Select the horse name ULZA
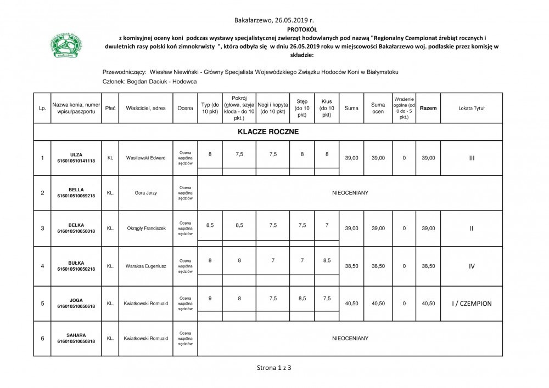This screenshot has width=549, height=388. (x=76, y=155)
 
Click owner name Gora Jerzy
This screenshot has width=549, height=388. (x=145, y=193)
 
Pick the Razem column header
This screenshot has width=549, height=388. (x=428, y=109)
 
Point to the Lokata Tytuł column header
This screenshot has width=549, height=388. (x=472, y=109)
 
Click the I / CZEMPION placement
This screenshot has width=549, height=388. (x=472, y=303)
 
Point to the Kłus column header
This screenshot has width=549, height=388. (x=327, y=108)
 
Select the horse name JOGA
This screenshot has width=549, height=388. (x=76, y=300)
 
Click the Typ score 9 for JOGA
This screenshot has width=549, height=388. (x=210, y=298)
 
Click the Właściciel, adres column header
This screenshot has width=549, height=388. (x=145, y=109)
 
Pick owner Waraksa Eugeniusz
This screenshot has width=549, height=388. (x=145, y=266)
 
